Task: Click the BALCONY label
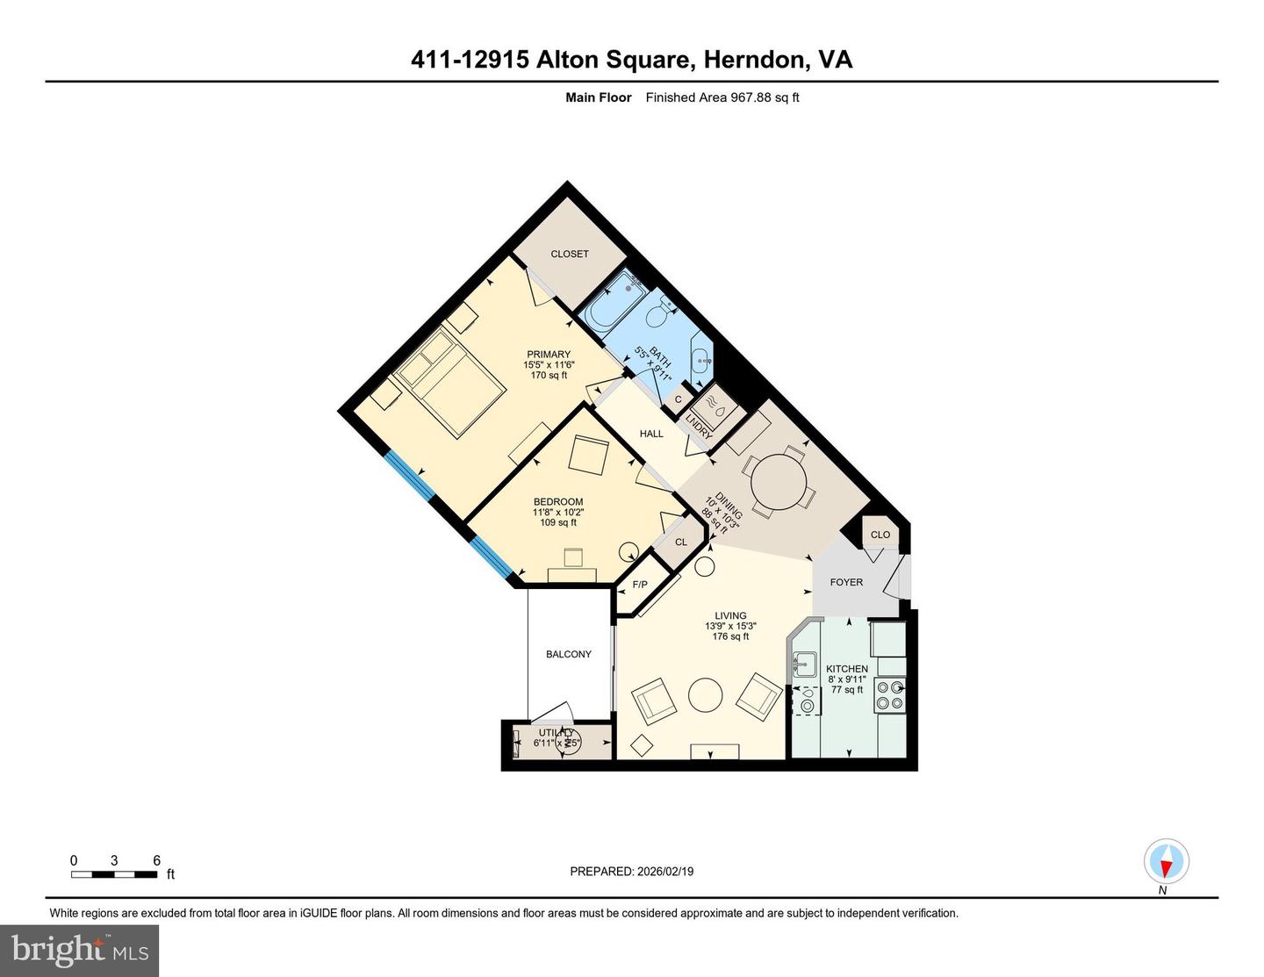[568, 654]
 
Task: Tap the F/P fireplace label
[640, 585]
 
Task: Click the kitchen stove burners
[889, 695]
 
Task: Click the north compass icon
[1166, 861]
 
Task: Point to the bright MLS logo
[80, 950]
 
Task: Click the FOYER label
[846, 582]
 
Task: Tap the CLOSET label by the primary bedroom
[570, 254]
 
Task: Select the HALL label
[651, 434]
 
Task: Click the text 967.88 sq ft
[765, 97]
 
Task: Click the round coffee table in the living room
[706, 695]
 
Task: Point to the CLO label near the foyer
[880, 535]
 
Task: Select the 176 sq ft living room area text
[730, 636]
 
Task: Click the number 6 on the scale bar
[157, 860]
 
